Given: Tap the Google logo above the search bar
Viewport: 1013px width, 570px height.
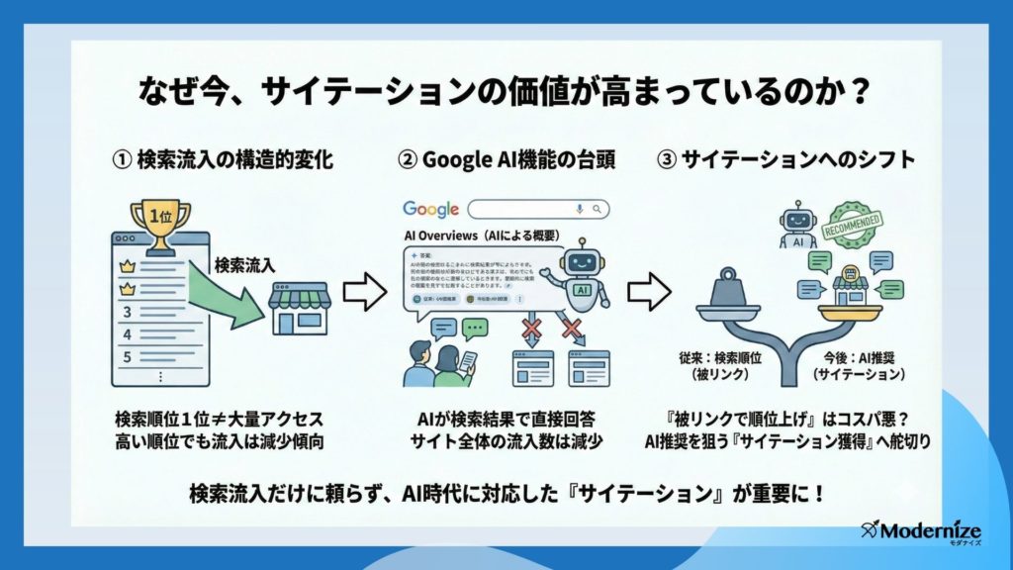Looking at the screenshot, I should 430,210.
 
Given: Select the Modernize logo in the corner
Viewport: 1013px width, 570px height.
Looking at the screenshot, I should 911,530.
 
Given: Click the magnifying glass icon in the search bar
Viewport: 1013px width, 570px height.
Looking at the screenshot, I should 597,210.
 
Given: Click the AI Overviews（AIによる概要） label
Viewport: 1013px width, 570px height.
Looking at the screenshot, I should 480,237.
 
